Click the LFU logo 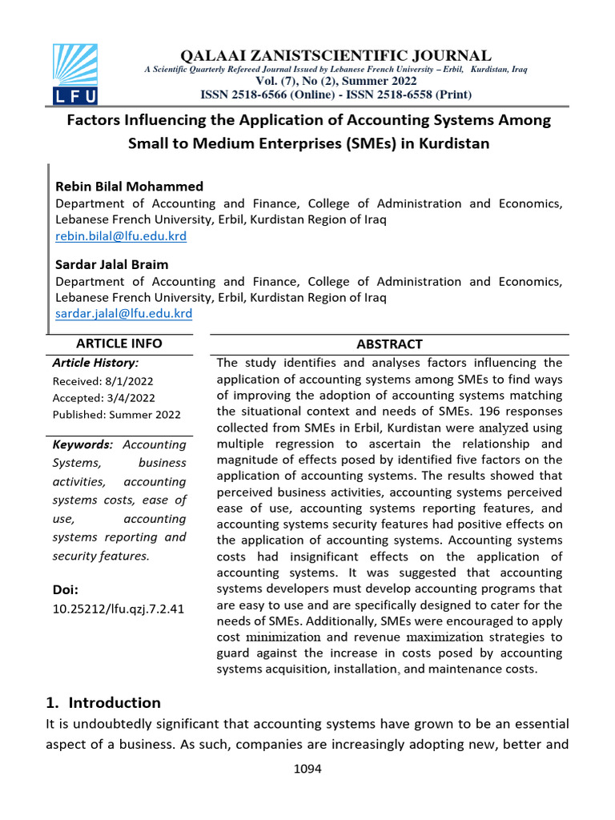(74, 74)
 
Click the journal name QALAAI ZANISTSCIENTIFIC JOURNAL (336, 55)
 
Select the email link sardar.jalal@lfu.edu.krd (123, 314)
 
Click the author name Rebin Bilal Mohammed (129, 187)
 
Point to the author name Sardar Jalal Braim (111, 264)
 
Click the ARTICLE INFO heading (119, 344)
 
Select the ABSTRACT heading (389, 344)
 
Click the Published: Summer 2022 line (117, 415)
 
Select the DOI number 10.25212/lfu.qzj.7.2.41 (119, 609)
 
